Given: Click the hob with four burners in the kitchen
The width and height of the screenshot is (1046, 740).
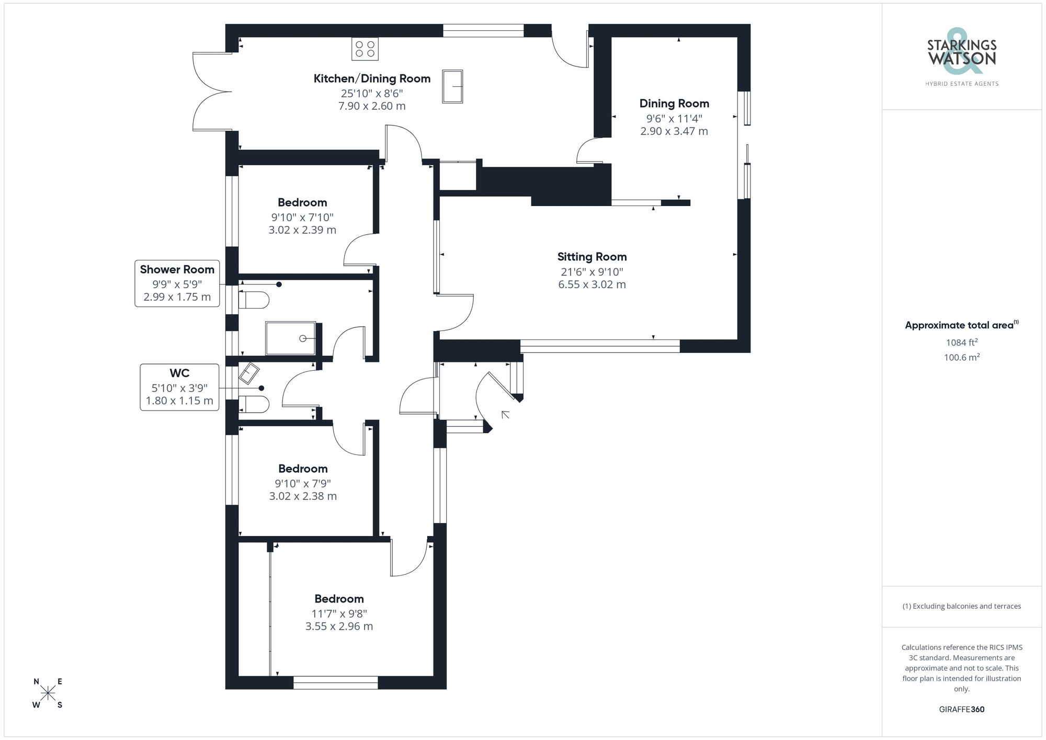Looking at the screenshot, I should point(365,49).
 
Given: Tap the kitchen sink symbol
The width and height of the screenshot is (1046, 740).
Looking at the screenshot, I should point(452,86).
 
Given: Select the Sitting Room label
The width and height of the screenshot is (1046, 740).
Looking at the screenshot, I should point(592,257).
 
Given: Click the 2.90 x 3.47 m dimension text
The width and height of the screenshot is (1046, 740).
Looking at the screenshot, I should point(674,131).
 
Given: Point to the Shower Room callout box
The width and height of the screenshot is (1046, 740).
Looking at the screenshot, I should point(177,283).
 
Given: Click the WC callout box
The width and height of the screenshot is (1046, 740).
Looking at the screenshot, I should point(179,387).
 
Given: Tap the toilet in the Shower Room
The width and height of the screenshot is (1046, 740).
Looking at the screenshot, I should point(254,300).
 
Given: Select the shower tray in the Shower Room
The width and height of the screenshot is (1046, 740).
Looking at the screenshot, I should point(290,338).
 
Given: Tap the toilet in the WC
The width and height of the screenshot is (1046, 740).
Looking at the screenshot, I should point(254,404).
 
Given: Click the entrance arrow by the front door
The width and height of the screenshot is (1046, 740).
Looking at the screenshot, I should point(505,415).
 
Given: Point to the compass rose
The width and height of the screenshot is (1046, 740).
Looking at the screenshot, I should point(48,693).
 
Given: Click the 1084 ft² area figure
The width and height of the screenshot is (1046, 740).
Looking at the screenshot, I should point(961,343).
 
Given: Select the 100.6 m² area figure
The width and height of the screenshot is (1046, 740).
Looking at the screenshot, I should point(961,358).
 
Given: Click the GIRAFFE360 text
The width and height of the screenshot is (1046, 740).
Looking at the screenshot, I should point(961,709).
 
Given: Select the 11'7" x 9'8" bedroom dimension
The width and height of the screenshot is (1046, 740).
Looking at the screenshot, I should point(339,613).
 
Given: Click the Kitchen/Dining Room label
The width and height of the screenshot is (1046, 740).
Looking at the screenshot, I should point(372,78).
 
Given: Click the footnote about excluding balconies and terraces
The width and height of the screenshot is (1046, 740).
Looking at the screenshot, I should point(961,606).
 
